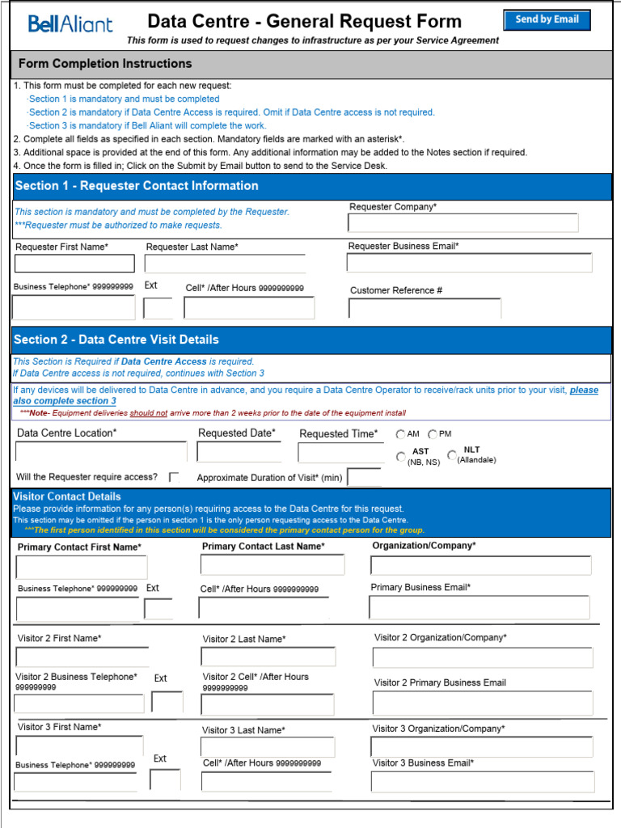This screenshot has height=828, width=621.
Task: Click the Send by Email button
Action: tap(547, 19)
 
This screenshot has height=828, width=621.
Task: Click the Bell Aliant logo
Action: tap(70, 24)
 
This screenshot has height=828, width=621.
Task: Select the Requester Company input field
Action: tap(463, 223)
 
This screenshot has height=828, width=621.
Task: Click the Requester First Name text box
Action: tap(74, 264)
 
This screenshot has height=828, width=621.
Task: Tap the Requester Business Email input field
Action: tap(469, 263)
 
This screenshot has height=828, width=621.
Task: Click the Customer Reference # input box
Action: tap(425, 308)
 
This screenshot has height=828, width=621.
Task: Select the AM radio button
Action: tap(401, 435)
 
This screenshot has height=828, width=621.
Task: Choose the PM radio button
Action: tap(433, 435)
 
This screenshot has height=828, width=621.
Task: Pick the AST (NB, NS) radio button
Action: tap(401, 457)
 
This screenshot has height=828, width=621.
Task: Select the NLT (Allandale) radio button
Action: tap(452, 455)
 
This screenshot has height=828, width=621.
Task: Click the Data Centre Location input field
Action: tap(101, 452)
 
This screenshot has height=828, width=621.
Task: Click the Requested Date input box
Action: tap(239, 452)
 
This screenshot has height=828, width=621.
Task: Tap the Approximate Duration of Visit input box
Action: tap(364, 478)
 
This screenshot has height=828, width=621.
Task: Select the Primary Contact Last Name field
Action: tap(273, 564)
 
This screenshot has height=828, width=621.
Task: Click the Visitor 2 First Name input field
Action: tap(82, 657)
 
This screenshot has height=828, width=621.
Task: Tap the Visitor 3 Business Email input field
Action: tap(483, 782)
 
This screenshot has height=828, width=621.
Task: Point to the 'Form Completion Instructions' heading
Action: tap(105, 64)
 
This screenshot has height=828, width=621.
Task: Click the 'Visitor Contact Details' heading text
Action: tap(67, 496)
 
